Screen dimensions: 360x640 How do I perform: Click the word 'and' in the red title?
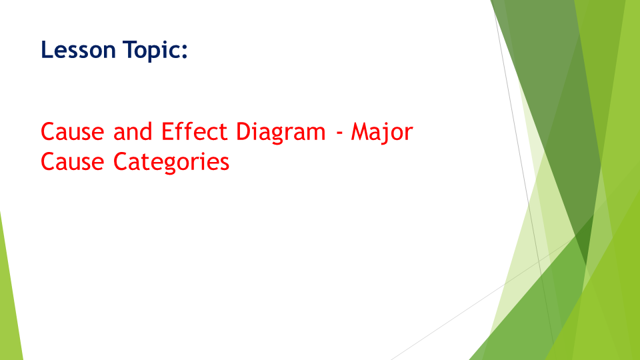(133, 132)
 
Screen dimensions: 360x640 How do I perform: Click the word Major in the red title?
(382, 132)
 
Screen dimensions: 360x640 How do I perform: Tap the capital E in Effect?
(167, 132)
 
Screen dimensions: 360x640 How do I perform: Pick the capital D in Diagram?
(243, 132)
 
